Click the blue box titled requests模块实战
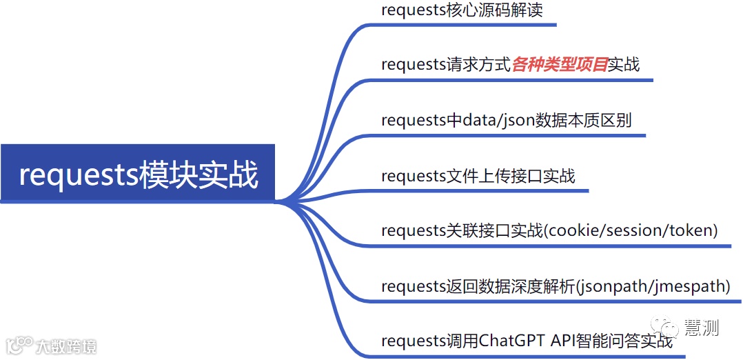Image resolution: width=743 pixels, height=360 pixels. (138, 174)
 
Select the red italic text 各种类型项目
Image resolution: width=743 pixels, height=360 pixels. (559, 65)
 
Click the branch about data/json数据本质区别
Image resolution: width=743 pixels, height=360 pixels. (506, 120)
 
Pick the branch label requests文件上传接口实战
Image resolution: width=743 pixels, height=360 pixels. (478, 176)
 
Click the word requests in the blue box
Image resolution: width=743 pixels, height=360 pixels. (79, 174)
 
